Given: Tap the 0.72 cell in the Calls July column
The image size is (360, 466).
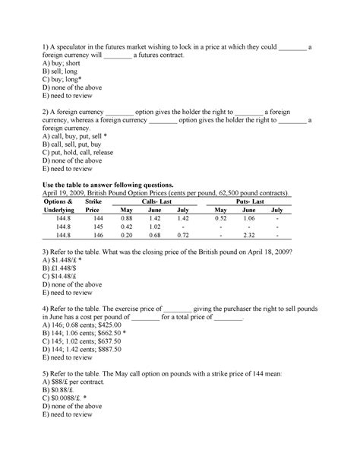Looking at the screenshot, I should (x=182, y=236).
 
